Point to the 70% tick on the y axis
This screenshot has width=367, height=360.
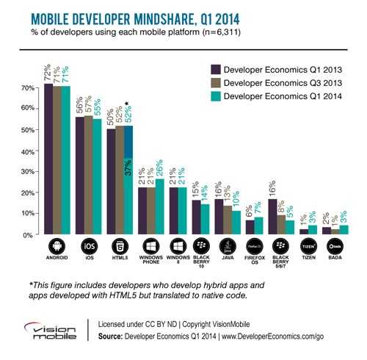pos(29,87)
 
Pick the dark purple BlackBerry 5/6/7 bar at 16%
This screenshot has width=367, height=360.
pos(272,217)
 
